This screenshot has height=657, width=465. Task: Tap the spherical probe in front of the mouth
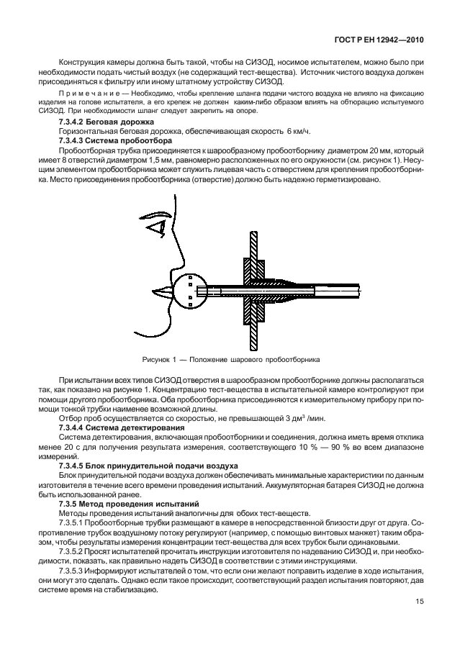coord(189,290)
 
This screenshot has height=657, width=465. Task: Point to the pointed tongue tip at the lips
coord(159,291)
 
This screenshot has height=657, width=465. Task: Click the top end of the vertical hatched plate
coord(254,237)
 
